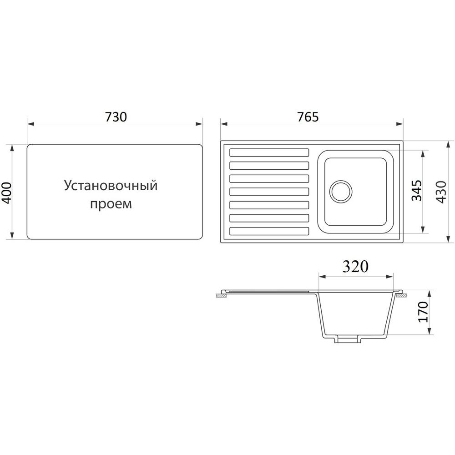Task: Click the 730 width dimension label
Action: coord(116,116)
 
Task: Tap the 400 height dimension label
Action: coord(6,192)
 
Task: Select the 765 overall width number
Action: coord(308,116)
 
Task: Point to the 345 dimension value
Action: coord(417,191)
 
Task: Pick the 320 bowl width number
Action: coord(355,266)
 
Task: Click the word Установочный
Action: coord(111,186)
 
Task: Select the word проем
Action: coord(111,204)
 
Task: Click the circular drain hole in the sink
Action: coord(341,192)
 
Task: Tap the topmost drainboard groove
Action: coord(269,152)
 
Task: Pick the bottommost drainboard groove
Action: coord(269,231)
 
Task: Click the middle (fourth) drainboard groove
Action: coord(269,192)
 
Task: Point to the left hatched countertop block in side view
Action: coord(222,296)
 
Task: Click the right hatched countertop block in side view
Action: coord(401,296)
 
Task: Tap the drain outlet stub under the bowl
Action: coord(348,339)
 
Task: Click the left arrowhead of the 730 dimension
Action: coord(30,124)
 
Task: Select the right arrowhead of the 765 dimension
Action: coord(400,124)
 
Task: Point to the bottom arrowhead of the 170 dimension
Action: coord(430,331)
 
